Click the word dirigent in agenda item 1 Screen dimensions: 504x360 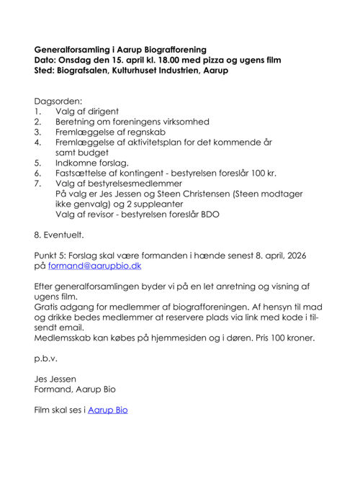click(102, 112)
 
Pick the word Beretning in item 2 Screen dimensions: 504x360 click(77, 122)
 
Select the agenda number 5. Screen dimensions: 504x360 click(37, 163)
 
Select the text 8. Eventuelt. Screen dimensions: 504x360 click(59, 235)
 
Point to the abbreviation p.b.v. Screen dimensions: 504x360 click(45, 358)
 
